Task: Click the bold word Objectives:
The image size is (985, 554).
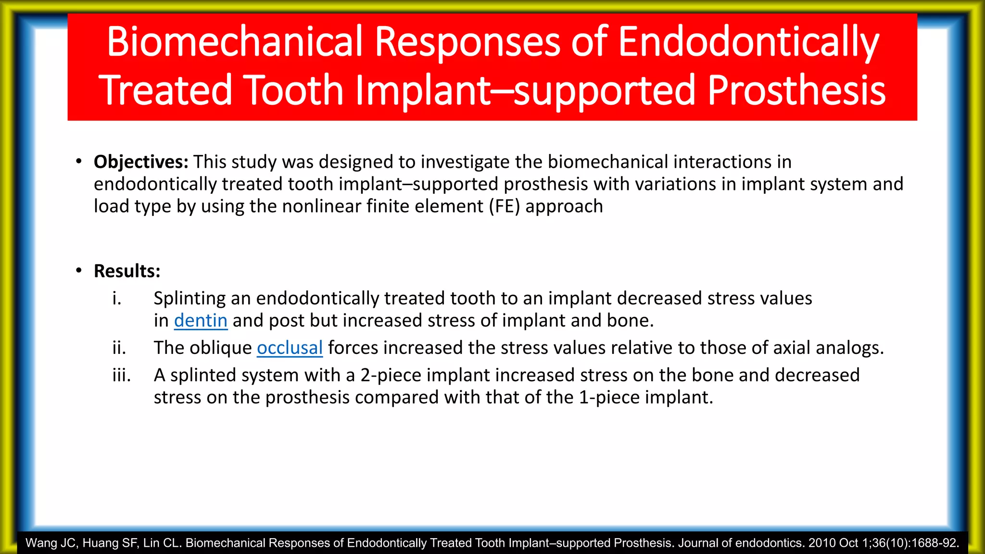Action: [x=141, y=162]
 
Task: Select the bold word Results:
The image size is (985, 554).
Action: [x=127, y=271]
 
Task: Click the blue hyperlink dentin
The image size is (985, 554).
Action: [x=201, y=321]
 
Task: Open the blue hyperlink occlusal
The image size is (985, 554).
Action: [x=290, y=348]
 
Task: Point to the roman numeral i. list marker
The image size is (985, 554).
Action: [x=117, y=299]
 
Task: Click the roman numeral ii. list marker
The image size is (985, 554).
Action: [x=119, y=348]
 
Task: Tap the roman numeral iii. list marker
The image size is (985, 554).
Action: [x=122, y=375]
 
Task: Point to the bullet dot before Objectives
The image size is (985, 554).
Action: [x=79, y=162]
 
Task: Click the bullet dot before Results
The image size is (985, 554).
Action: [x=79, y=271]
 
